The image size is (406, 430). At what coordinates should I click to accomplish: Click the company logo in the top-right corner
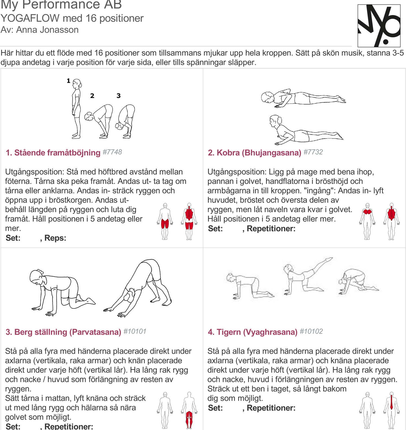(x=379, y=26)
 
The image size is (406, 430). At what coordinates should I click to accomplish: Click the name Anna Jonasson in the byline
(x=47, y=30)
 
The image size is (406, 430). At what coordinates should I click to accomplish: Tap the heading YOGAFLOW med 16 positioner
(x=72, y=18)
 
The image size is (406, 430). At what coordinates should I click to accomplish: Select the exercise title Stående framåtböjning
(x=57, y=153)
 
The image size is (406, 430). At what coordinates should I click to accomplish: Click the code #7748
(x=112, y=152)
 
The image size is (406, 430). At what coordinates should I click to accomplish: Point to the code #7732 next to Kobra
(x=313, y=152)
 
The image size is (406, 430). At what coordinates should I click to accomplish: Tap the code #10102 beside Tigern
(x=311, y=331)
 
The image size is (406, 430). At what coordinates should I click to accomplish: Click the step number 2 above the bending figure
(x=92, y=96)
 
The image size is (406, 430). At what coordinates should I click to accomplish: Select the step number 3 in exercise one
(x=119, y=96)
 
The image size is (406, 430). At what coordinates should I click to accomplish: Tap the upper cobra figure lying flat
(x=303, y=98)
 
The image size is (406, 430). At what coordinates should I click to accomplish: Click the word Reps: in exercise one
(x=55, y=238)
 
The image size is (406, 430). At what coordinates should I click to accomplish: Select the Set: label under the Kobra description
(x=215, y=229)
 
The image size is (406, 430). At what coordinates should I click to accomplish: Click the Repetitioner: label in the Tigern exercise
(x=271, y=408)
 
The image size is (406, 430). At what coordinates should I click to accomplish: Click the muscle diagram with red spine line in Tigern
(x=391, y=410)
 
